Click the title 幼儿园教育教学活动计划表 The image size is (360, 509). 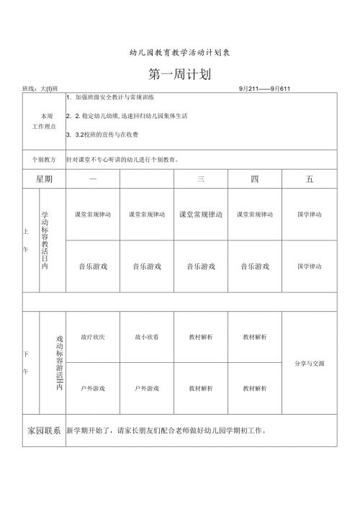point(179,53)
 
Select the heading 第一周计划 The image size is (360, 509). point(179,73)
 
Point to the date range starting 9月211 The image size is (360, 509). point(264,88)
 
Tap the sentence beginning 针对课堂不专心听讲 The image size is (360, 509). point(122,159)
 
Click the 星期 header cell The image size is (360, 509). point(43,179)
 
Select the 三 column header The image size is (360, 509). point(201,179)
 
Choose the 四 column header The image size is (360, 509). point(255,179)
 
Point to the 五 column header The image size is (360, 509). point(309,179)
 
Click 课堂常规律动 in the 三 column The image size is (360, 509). point(201,215)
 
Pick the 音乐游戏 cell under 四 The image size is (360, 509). point(255,266)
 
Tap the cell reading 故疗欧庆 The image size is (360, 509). point(93,337)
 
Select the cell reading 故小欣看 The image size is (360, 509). point(147,337)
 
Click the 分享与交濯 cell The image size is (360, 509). point(309,363)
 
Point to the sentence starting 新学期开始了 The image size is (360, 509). point(166,431)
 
